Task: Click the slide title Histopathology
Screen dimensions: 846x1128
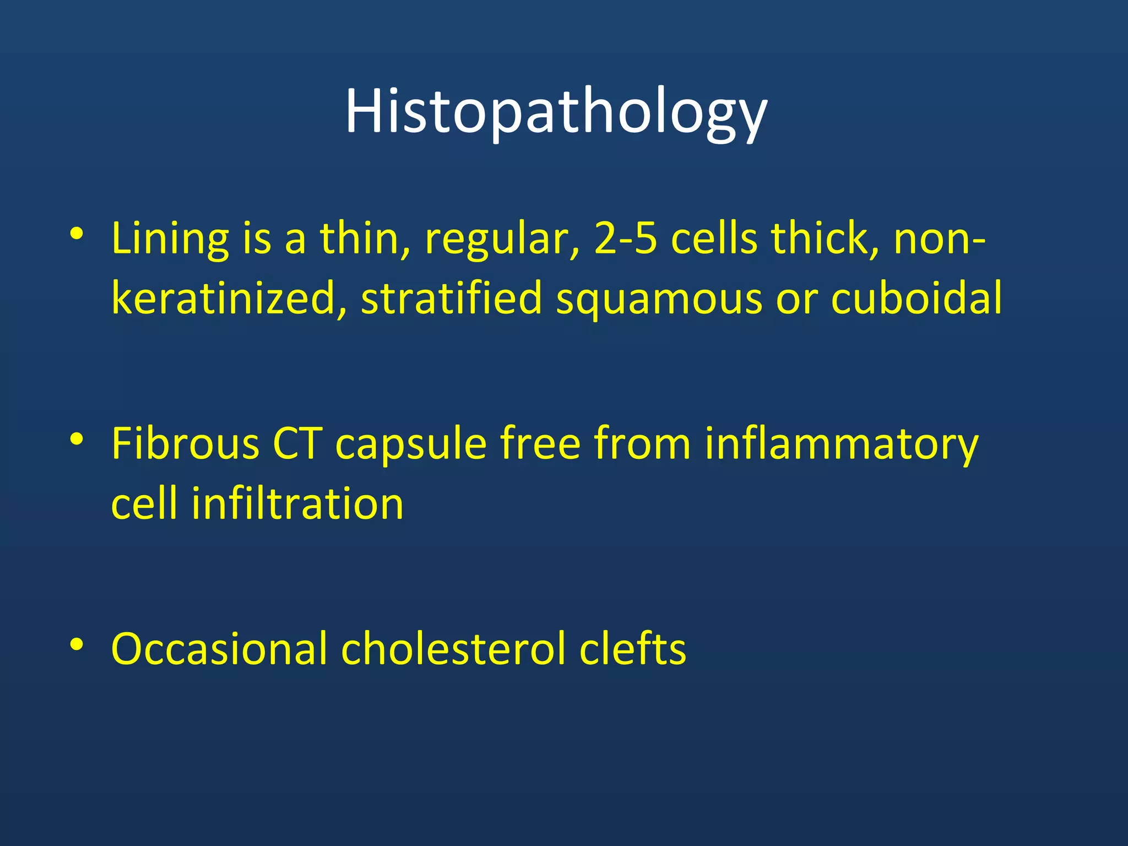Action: (x=556, y=113)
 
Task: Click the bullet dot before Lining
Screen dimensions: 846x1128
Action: (x=77, y=234)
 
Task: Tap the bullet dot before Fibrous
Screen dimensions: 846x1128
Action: (x=77, y=439)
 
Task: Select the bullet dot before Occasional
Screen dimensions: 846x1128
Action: (x=77, y=644)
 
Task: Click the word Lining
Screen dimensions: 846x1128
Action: (x=170, y=240)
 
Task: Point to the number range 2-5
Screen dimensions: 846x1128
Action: (x=626, y=240)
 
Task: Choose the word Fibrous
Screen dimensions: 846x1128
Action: (x=185, y=444)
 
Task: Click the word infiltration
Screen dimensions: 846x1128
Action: (x=297, y=504)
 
